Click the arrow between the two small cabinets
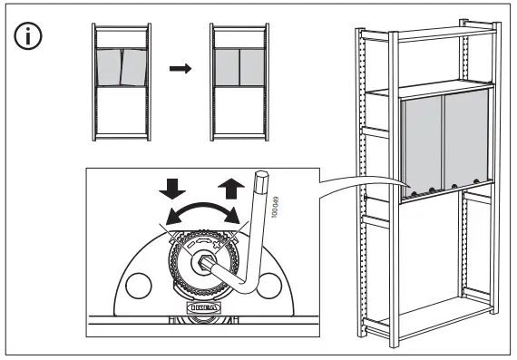[x=181, y=69]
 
